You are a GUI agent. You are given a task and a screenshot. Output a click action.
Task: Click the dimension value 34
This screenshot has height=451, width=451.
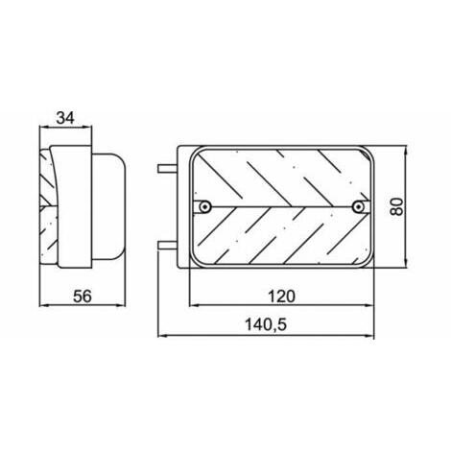pyautogui.click(x=65, y=118)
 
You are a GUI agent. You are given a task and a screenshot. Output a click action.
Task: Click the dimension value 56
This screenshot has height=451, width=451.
pyautogui.click(x=83, y=296)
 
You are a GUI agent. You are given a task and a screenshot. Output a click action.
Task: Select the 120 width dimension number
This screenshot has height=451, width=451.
pyautogui.click(x=281, y=297)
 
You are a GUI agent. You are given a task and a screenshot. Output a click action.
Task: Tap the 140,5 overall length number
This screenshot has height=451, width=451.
pyautogui.click(x=266, y=325)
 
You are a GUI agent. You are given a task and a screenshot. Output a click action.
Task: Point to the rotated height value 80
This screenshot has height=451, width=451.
pyautogui.click(x=396, y=206)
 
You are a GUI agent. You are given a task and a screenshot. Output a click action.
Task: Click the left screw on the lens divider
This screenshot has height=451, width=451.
pyautogui.click(x=204, y=206)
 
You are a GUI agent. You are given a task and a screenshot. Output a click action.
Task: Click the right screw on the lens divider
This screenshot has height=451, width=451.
pyautogui.click(x=358, y=206)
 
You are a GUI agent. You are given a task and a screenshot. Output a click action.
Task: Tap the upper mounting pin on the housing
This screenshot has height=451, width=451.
pyautogui.click(x=167, y=169)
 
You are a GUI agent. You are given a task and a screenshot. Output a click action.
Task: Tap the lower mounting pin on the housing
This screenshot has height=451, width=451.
pyautogui.click(x=167, y=246)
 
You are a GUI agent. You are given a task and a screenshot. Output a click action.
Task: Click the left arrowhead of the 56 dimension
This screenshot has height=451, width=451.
pyautogui.click(x=44, y=305)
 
